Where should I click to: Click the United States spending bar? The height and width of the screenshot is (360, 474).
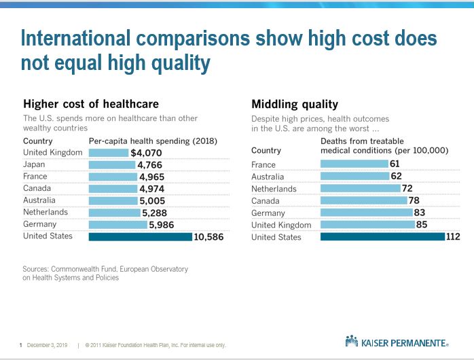click(141, 237)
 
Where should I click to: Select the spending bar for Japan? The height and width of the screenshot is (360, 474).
click(111, 164)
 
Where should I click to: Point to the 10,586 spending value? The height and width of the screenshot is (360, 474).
click(209, 237)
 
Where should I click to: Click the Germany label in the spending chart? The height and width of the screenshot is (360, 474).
click(39, 225)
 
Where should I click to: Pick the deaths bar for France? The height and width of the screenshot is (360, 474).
click(354, 164)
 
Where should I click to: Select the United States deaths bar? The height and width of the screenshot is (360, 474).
click(382, 237)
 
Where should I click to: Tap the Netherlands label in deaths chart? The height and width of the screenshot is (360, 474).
click(274, 189)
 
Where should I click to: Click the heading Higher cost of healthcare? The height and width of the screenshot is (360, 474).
click(91, 104)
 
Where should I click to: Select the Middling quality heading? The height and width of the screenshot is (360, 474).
click(295, 104)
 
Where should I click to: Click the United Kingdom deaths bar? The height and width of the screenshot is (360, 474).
click(371, 225)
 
